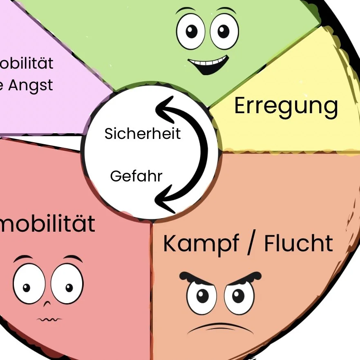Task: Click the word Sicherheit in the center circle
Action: point(142,134)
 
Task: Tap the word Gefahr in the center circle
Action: point(136,177)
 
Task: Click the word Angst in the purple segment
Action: point(31,86)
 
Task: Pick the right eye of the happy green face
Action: point(224,31)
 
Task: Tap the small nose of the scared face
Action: point(47,304)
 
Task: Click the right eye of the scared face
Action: point(67,284)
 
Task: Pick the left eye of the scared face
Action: point(29,284)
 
